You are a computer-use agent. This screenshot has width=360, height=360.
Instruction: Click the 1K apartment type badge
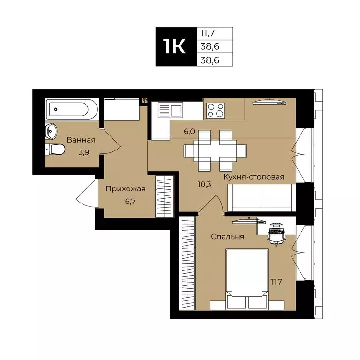point(174,46)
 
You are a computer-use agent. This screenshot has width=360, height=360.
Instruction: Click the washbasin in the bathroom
point(51,131)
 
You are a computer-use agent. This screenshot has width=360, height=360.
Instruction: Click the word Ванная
point(81,140)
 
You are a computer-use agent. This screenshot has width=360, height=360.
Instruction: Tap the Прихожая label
point(126,189)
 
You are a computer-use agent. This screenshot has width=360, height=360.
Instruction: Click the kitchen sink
point(171,111)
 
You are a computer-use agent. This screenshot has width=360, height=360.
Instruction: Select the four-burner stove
point(216,111)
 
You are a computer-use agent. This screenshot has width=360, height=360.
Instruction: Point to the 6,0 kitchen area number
point(189,132)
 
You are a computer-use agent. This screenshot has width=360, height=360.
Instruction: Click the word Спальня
point(227,237)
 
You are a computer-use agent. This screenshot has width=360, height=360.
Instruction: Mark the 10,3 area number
point(205,184)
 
